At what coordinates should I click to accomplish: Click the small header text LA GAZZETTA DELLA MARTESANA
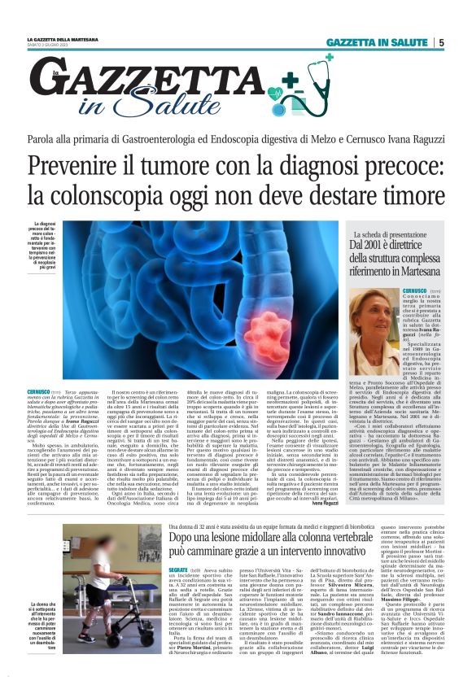[x=62, y=39]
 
